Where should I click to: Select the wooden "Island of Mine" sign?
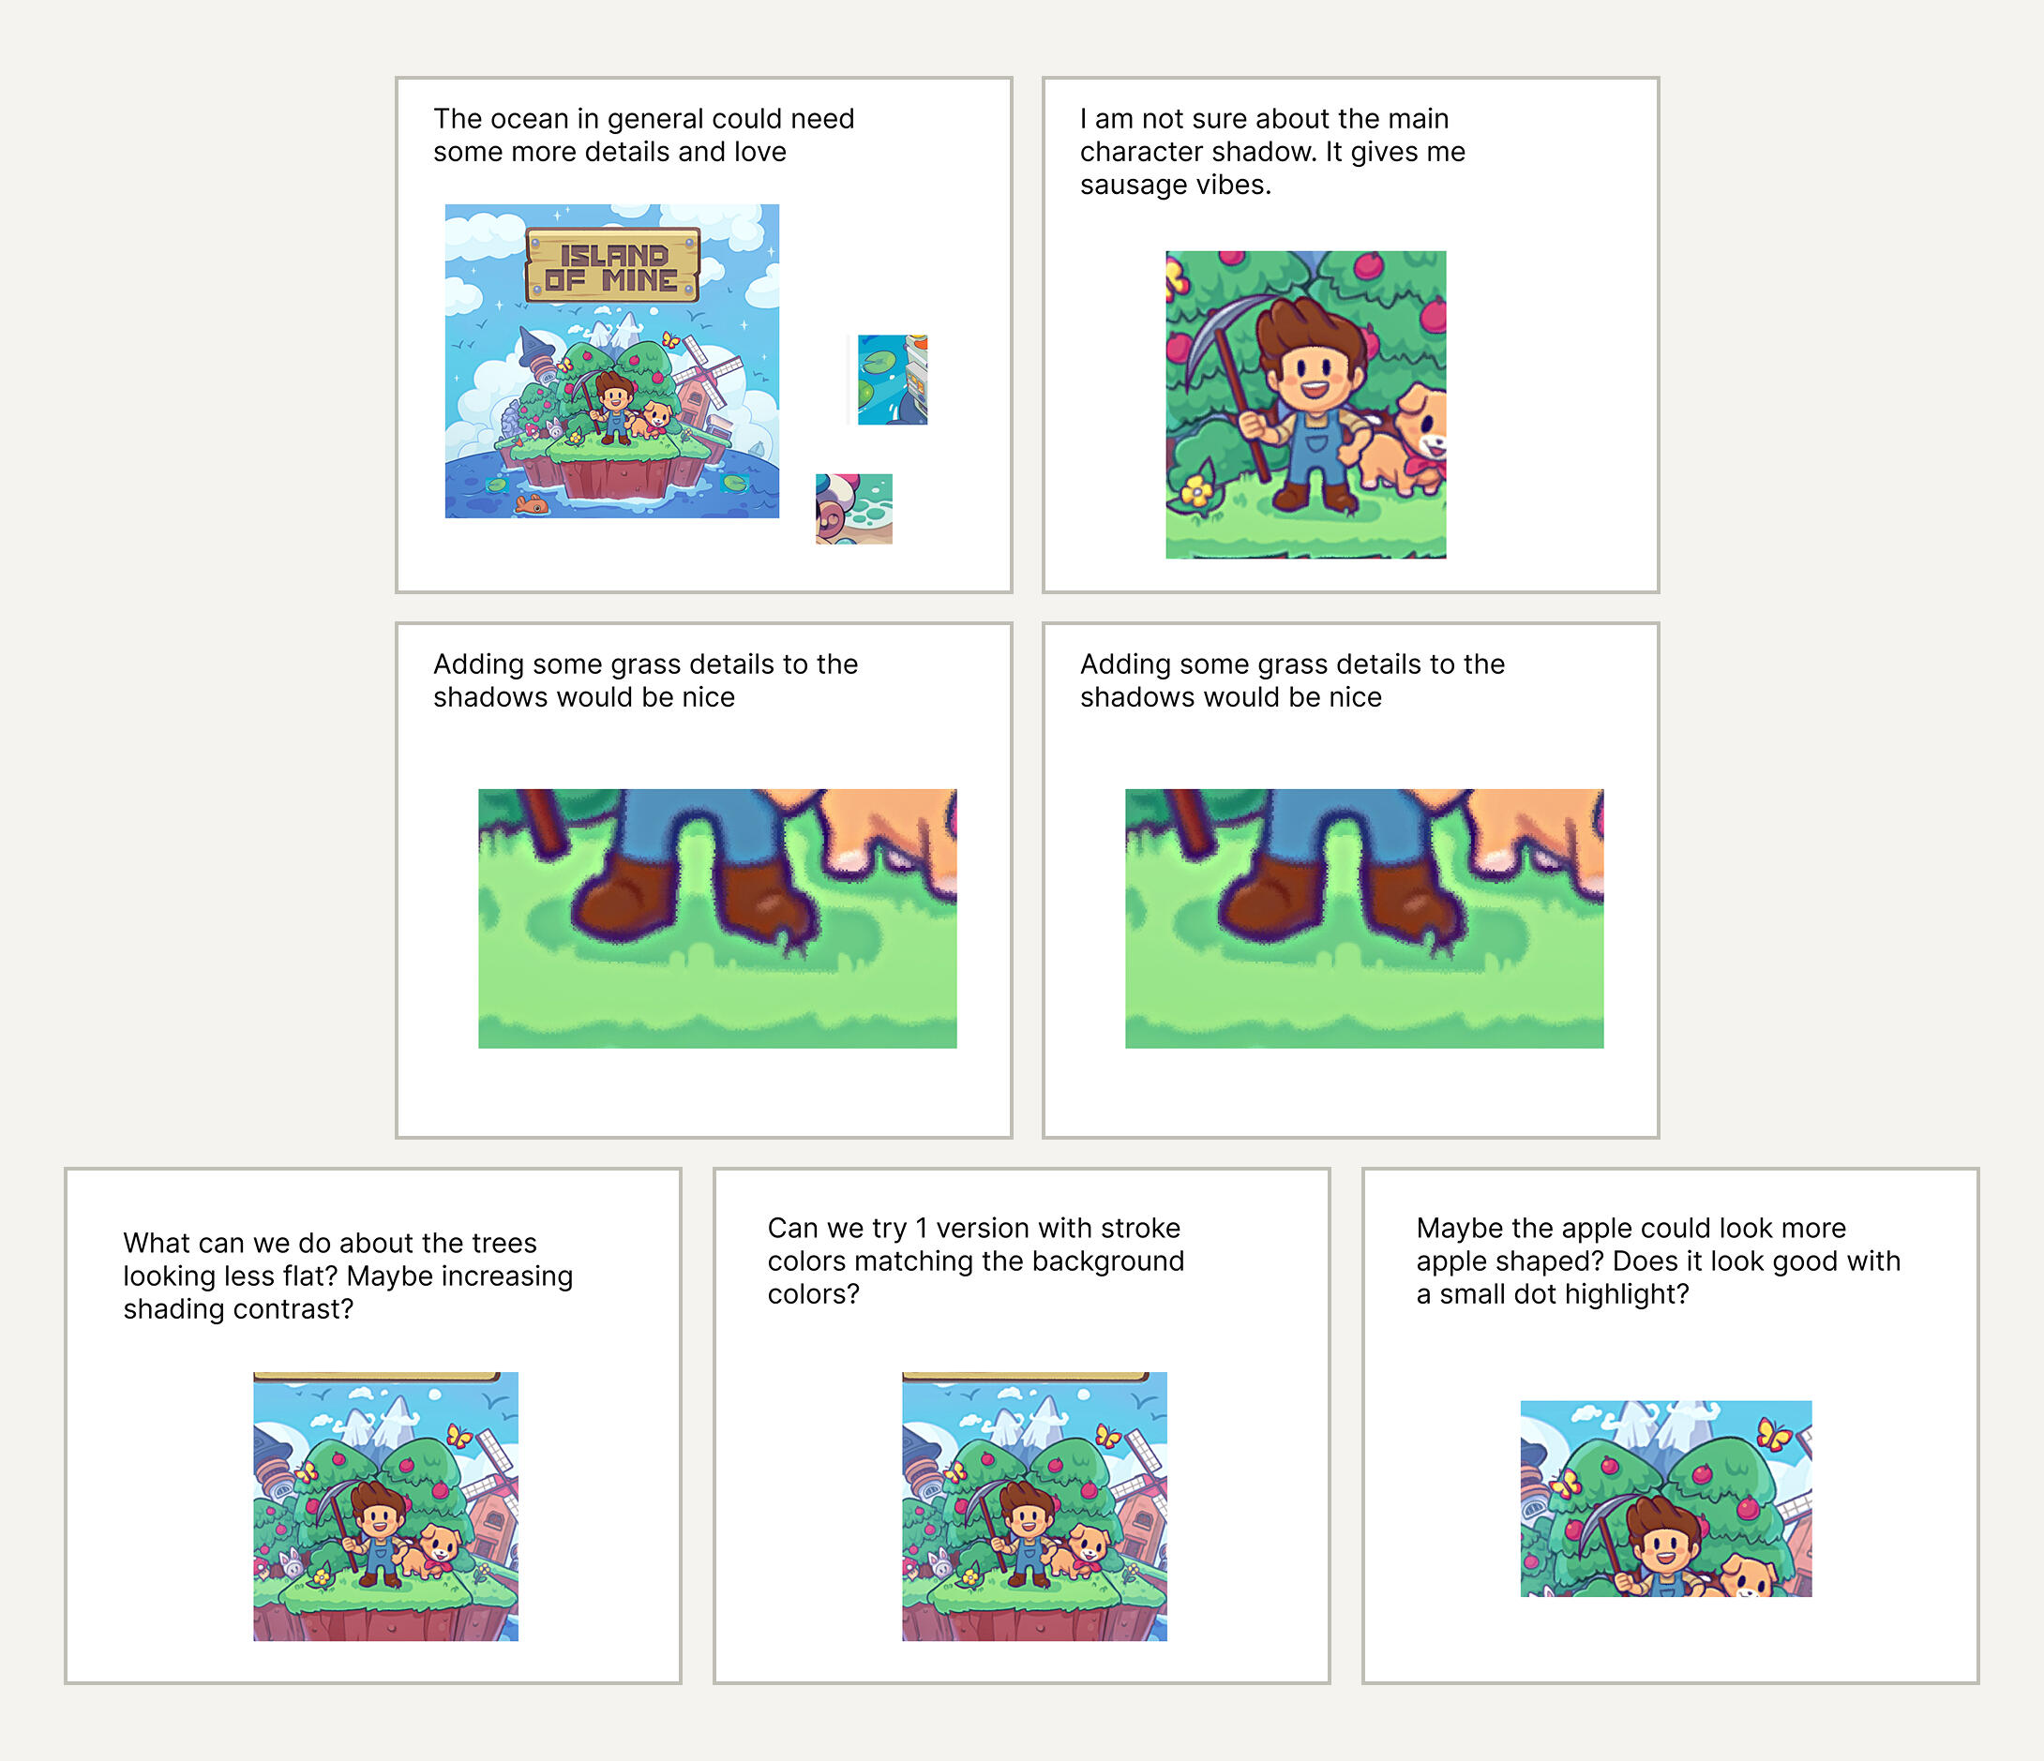pos(612,265)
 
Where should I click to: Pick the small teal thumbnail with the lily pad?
pos(892,380)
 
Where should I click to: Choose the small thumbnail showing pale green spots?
pos(854,509)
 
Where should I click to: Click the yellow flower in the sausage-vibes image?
pos(1196,490)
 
